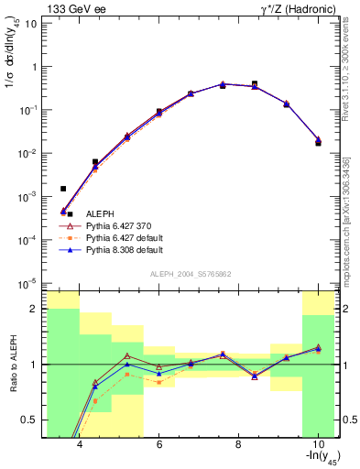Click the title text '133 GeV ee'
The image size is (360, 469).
point(71,9)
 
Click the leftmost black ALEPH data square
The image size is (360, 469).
point(63,189)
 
